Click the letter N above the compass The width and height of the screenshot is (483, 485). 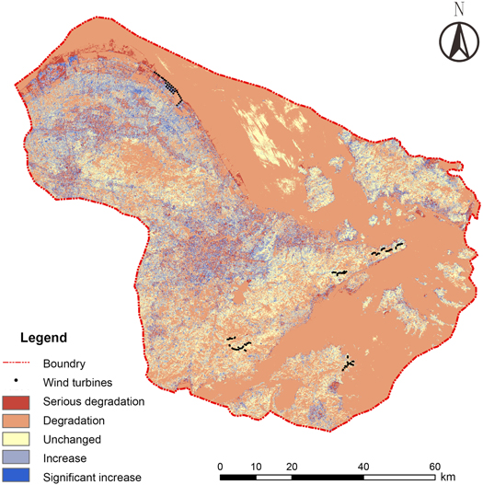(x=457, y=10)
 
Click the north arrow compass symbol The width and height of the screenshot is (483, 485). (x=456, y=42)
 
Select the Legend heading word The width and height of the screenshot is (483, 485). (x=43, y=338)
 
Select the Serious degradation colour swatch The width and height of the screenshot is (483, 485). (x=19, y=401)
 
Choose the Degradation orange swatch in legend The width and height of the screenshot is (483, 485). (x=19, y=420)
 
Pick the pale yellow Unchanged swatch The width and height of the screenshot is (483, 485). (x=19, y=439)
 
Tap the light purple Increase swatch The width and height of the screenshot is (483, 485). (x=19, y=457)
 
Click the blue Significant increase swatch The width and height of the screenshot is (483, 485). (x=19, y=476)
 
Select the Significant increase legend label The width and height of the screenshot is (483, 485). (x=92, y=477)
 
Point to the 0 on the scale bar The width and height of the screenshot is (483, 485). (x=221, y=466)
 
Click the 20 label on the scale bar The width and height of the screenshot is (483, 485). (x=293, y=466)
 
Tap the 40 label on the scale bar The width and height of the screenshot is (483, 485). (x=364, y=466)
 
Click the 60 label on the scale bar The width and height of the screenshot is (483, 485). (x=435, y=466)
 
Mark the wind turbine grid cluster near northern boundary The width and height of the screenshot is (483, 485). (x=171, y=86)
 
